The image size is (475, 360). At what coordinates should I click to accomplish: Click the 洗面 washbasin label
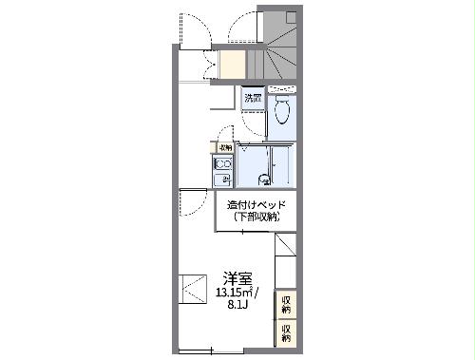click(x=252, y=97)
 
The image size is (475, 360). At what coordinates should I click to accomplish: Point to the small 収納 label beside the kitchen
click(x=225, y=147)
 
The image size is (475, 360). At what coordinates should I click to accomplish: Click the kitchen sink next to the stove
click(x=224, y=180)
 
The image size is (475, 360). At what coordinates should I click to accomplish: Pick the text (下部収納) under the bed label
click(x=256, y=218)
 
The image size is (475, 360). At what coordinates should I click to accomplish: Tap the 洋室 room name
click(x=237, y=278)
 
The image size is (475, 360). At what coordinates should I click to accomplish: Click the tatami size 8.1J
click(x=238, y=307)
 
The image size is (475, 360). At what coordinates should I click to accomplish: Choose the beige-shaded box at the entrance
click(x=233, y=64)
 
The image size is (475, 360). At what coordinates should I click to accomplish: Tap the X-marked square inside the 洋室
click(x=192, y=288)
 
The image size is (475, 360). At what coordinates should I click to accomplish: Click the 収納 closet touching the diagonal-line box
click(x=286, y=305)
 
